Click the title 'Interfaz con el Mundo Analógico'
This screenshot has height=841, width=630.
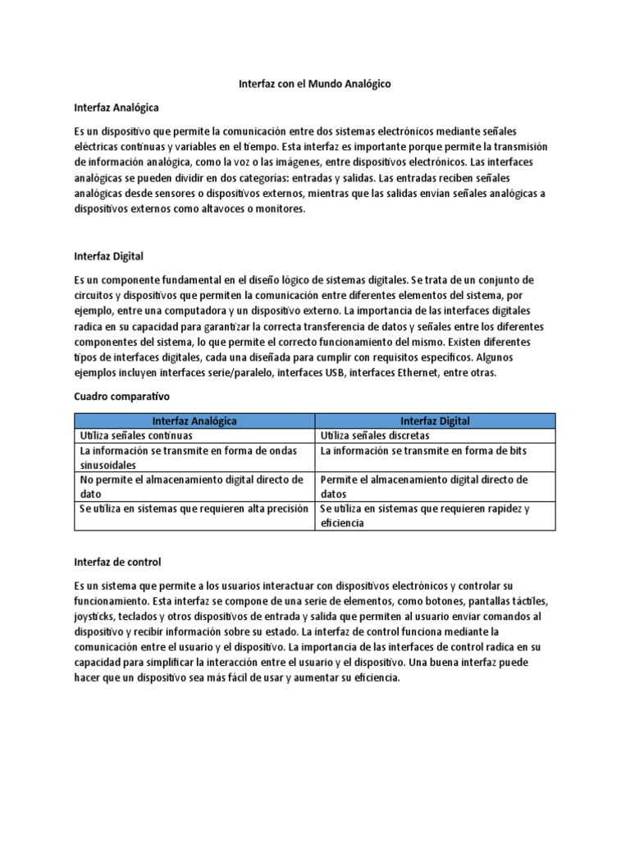pyautogui.click(x=314, y=84)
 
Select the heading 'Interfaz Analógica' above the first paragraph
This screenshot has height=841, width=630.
pyautogui.click(x=116, y=108)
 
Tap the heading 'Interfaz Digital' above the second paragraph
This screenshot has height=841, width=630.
pyautogui.click(x=108, y=256)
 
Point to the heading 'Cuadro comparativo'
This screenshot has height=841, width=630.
pyautogui.click(x=115, y=396)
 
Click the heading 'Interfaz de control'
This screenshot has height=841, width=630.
pyautogui.click(x=117, y=562)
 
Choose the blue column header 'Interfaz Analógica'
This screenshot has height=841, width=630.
pyautogui.click(x=194, y=420)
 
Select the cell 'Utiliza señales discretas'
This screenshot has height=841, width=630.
pyautogui.click(x=374, y=435)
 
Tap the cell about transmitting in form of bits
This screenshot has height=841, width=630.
pyautogui.click(x=423, y=451)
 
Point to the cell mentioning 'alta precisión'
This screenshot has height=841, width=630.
pyautogui.click(x=194, y=508)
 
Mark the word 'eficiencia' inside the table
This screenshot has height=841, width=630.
pyautogui.click(x=343, y=522)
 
